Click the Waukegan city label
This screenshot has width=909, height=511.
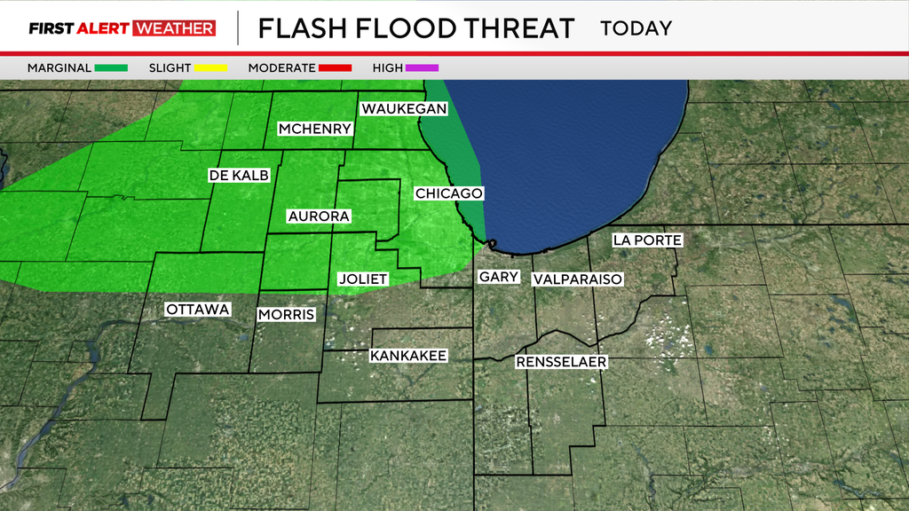pyautogui.click(x=403, y=108)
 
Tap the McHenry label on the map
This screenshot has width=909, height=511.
pyautogui.click(x=315, y=129)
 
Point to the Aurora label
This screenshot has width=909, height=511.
pyautogui.click(x=319, y=216)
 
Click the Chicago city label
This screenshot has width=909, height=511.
pyautogui.click(x=448, y=193)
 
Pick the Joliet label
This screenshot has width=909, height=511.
pyautogui.click(x=363, y=279)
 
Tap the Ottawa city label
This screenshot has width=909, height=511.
pyautogui.click(x=198, y=310)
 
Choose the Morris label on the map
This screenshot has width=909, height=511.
pyautogui.click(x=286, y=314)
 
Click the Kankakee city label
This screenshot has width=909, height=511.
pyautogui.click(x=407, y=356)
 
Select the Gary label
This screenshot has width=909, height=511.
pyautogui.click(x=498, y=277)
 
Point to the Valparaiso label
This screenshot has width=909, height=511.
pyautogui.click(x=577, y=279)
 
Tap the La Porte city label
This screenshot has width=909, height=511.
pyautogui.click(x=647, y=240)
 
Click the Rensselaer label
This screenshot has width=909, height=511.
pyautogui.click(x=561, y=362)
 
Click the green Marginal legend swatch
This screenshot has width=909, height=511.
pyautogui.click(x=112, y=68)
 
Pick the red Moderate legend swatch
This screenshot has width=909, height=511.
pyautogui.click(x=335, y=68)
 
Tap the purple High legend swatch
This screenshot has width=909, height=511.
pyautogui.click(x=422, y=68)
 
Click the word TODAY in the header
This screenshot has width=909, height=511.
pyautogui.click(x=636, y=28)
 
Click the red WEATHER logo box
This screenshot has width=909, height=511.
pyautogui.click(x=174, y=28)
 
